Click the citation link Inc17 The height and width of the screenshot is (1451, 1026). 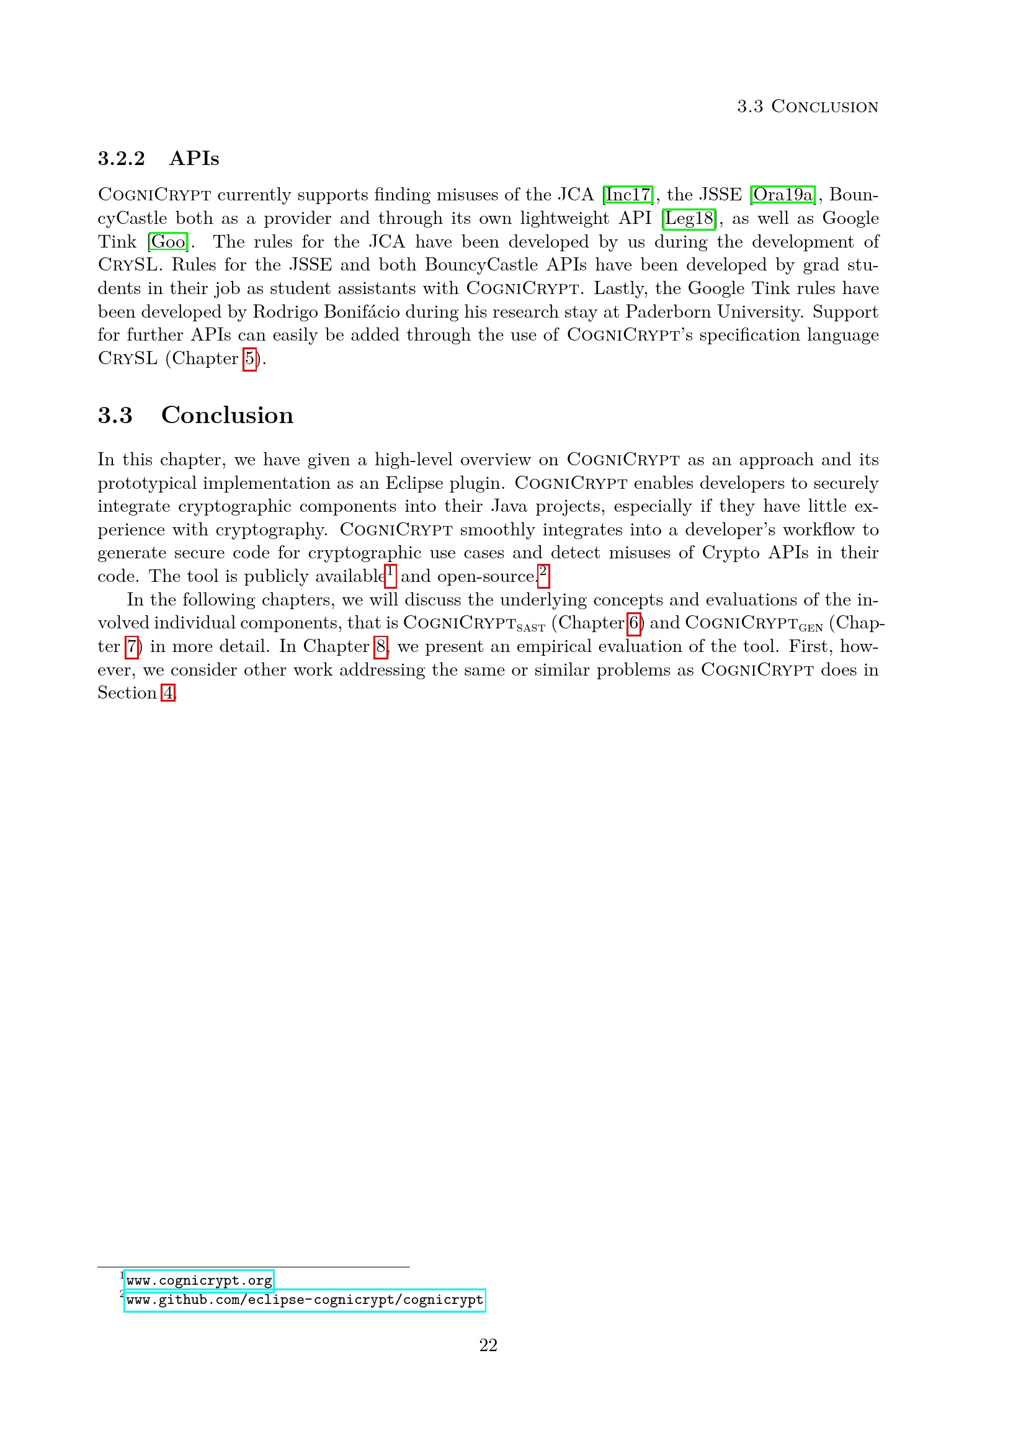click(628, 195)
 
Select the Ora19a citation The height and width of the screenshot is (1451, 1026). click(783, 195)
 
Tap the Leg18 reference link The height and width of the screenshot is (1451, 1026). click(689, 218)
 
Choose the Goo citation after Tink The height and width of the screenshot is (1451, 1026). click(169, 242)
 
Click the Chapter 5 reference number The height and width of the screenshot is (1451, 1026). click(250, 359)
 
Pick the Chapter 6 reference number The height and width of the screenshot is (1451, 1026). click(634, 623)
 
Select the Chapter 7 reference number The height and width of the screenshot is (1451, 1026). click(132, 647)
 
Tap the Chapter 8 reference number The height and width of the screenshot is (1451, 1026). click(381, 647)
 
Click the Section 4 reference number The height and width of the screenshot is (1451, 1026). click(167, 694)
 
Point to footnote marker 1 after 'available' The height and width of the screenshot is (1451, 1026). click(390, 574)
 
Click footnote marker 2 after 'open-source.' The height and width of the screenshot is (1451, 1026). click(543, 574)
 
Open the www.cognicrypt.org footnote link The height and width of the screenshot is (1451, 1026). click(199, 1281)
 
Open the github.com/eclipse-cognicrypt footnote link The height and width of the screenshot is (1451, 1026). click(305, 1300)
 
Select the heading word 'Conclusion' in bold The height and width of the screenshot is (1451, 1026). click(228, 416)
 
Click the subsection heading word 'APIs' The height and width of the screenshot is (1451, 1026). click(195, 159)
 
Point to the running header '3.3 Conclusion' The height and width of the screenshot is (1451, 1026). click(808, 107)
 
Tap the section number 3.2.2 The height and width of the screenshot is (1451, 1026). click(122, 159)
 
